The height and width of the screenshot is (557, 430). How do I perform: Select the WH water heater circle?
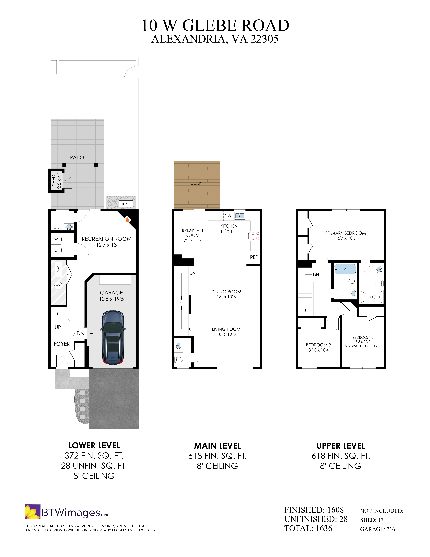pos(58,285)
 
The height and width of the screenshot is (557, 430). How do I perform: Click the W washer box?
pos(56,239)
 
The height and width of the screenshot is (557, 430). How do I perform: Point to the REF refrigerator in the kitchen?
pos(254,257)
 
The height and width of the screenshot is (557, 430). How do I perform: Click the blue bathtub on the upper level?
pos(345,269)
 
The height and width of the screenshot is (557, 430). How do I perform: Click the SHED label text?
pos(53,180)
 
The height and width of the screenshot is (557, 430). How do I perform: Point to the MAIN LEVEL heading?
pos(218,446)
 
